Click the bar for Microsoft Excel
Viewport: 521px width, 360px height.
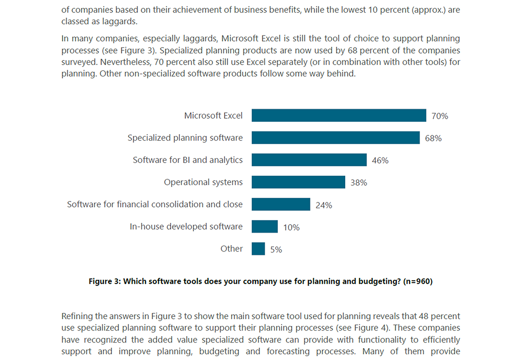(x=338, y=115)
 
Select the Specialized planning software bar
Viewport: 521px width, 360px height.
(x=335, y=137)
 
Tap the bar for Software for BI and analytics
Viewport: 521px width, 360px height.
(x=309, y=160)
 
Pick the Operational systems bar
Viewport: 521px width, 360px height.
(x=298, y=182)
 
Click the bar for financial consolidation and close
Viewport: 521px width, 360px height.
(x=281, y=204)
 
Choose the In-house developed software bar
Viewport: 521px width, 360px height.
(x=264, y=226)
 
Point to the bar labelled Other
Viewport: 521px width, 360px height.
(x=258, y=249)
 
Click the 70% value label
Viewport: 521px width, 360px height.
(x=440, y=116)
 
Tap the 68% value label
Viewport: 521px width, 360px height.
(x=433, y=138)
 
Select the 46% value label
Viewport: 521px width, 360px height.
(x=380, y=160)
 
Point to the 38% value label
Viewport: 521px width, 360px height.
(x=358, y=183)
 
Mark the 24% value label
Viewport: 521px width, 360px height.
(x=323, y=205)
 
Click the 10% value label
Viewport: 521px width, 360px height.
(x=291, y=228)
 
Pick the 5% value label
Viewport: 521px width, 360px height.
(x=276, y=250)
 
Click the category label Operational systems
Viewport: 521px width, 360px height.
(x=203, y=182)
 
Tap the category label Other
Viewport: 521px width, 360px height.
(x=232, y=249)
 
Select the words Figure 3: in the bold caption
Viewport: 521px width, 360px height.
(x=105, y=281)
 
